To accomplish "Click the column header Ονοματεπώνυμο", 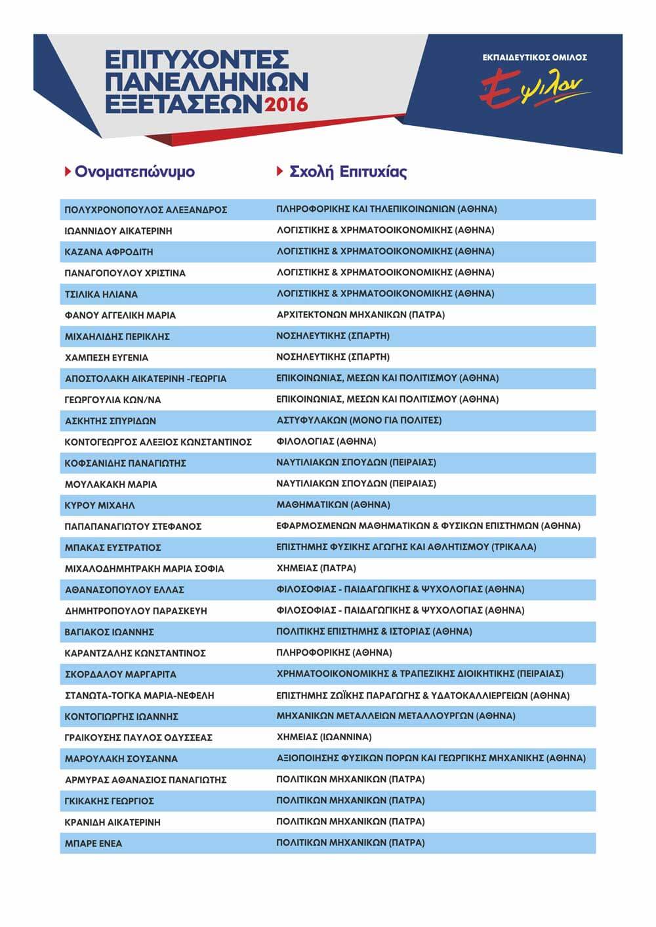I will point(134,172).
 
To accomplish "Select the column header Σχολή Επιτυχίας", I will point(348,172).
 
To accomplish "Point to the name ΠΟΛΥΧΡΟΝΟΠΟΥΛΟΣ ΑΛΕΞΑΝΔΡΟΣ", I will point(146,210).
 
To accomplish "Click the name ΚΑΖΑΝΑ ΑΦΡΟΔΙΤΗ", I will point(109,252).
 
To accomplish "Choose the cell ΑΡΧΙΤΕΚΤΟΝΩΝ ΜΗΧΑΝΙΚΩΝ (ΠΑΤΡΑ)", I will point(361,315).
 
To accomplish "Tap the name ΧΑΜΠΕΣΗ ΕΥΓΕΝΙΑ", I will point(106,357).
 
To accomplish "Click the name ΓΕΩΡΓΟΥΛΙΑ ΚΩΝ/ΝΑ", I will point(113,399).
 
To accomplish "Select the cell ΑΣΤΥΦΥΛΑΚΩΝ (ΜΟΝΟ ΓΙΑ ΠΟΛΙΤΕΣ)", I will point(359,420).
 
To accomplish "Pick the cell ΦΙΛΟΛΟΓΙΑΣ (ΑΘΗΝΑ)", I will point(326,441).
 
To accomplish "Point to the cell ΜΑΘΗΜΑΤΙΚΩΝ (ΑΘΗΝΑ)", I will point(333,505).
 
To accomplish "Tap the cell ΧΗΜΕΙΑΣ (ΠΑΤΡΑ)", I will point(316,568).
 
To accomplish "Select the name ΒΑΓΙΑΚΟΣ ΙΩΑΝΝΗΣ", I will point(109,632).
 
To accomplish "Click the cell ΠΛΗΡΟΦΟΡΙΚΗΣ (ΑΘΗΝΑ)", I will point(334,652).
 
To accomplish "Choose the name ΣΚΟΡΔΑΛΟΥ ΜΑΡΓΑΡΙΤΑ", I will point(120,674).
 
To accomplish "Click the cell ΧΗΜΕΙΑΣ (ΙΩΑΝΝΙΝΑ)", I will point(324,737).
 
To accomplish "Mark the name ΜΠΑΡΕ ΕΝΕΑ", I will point(93,843).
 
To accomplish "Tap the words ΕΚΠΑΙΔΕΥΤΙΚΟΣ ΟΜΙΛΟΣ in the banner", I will point(535,58).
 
